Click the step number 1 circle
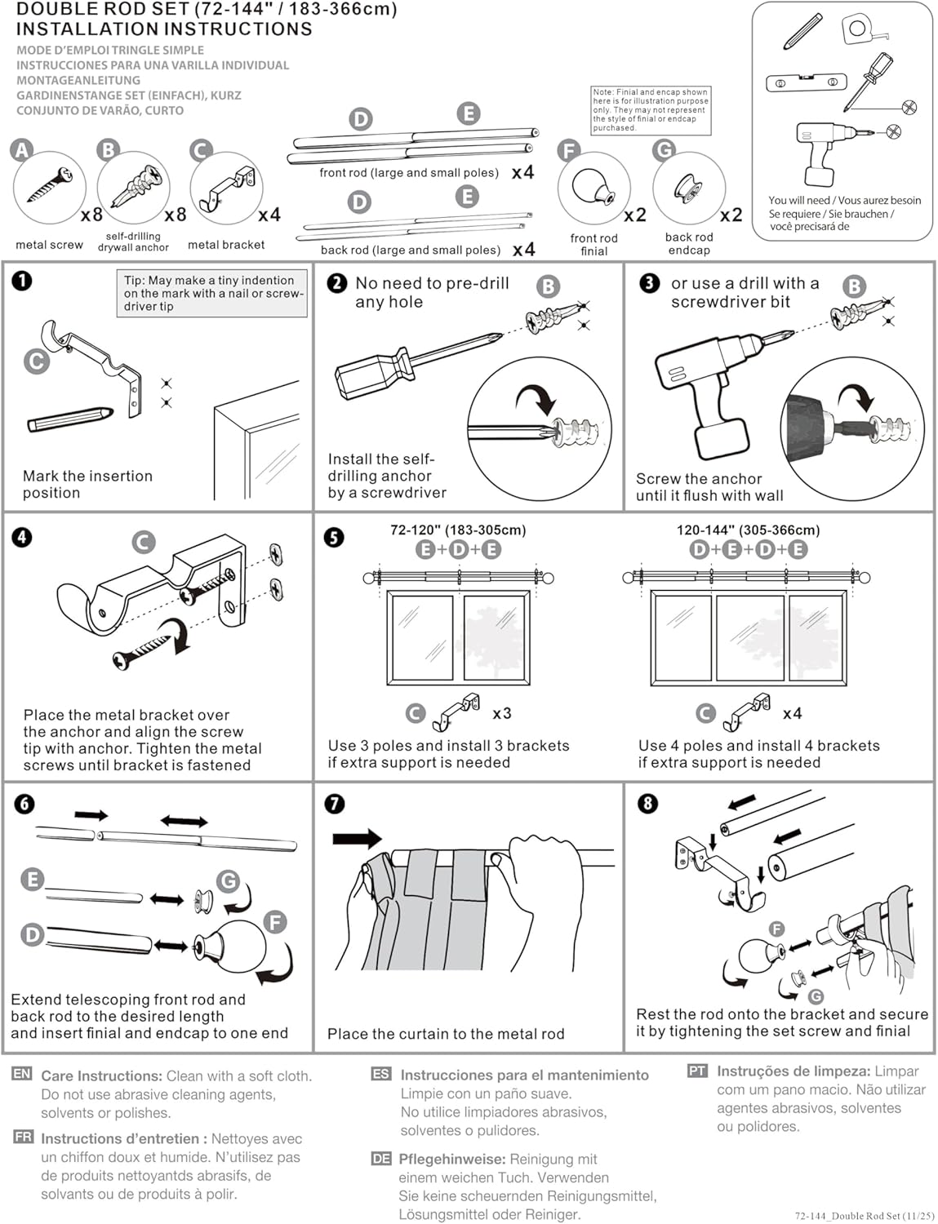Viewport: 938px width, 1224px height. point(21,281)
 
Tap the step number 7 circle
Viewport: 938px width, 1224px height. point(334,804)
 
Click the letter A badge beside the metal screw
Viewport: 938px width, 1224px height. point(22,150)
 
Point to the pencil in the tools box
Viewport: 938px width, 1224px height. point(802,32)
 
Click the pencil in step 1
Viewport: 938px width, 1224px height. point(69,419)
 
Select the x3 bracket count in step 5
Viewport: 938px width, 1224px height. point(502,713)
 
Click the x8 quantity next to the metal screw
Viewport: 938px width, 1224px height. point(91,215)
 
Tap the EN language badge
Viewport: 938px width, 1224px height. point(22,1074)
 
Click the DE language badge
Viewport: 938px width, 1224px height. point(380,1158)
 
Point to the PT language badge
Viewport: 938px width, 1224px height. point(697,1070)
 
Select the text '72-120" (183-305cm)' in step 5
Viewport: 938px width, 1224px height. point(458,530)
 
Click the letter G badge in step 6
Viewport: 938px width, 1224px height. point(228,880)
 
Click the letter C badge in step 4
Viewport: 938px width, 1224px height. point(143,542)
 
